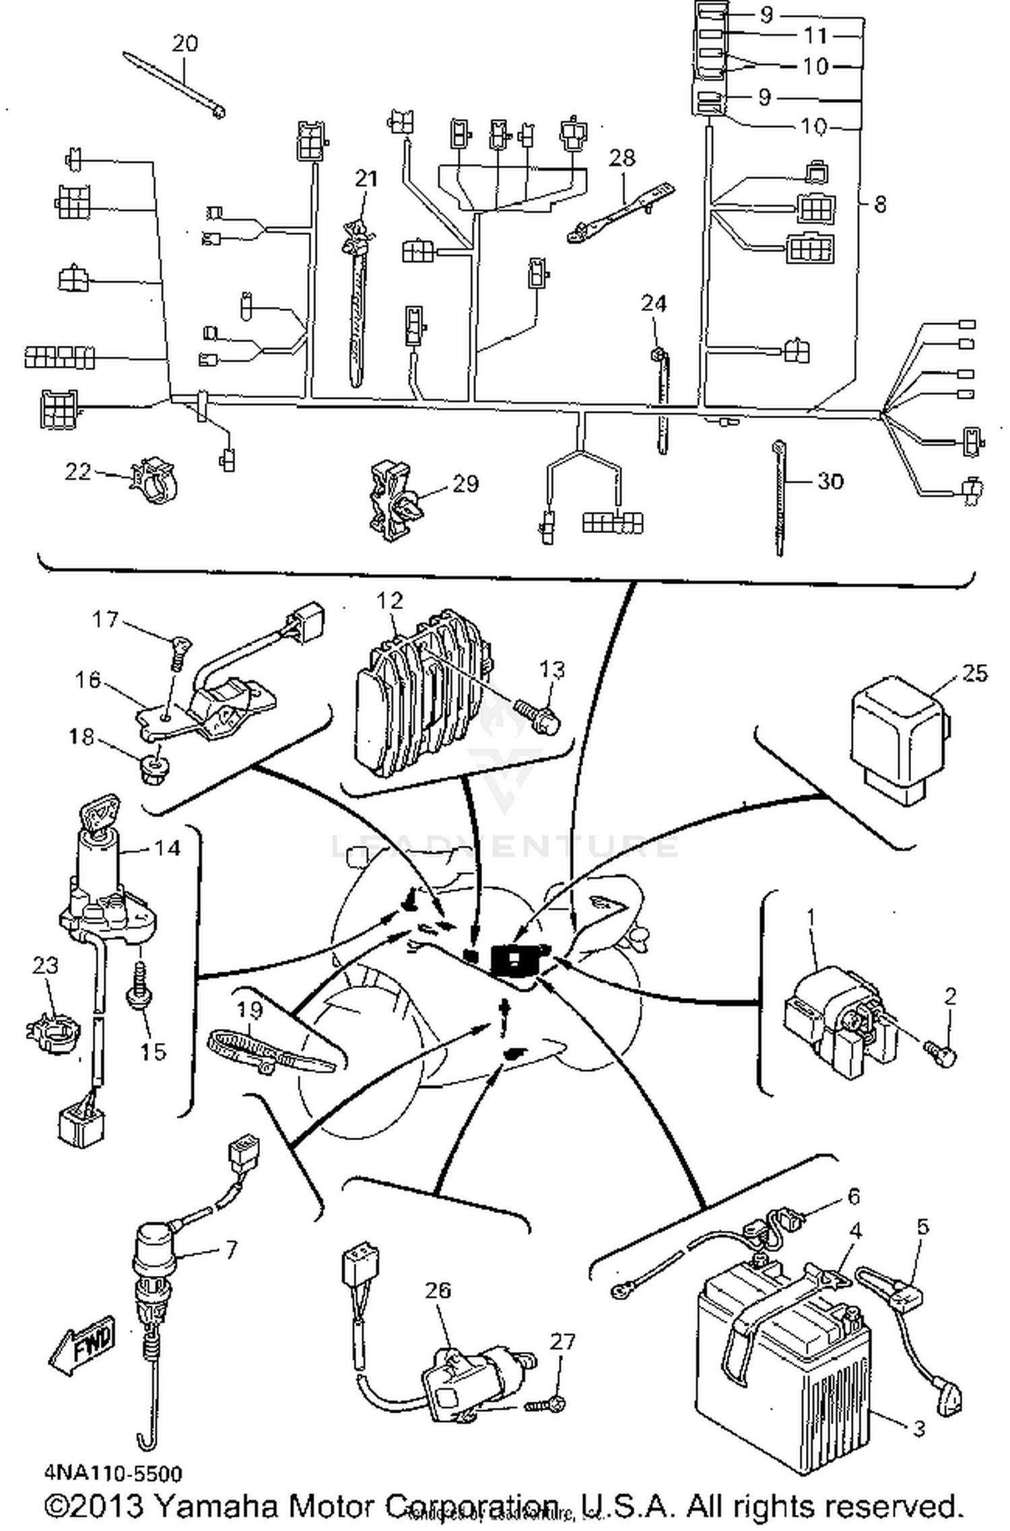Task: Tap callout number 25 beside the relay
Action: (974, 673)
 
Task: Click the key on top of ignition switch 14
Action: (99, 812)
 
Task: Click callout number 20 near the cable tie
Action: (184, 44)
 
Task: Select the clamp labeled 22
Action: (155, 480)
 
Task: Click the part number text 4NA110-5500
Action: (113, 1473)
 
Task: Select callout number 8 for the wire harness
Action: (880, 203)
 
